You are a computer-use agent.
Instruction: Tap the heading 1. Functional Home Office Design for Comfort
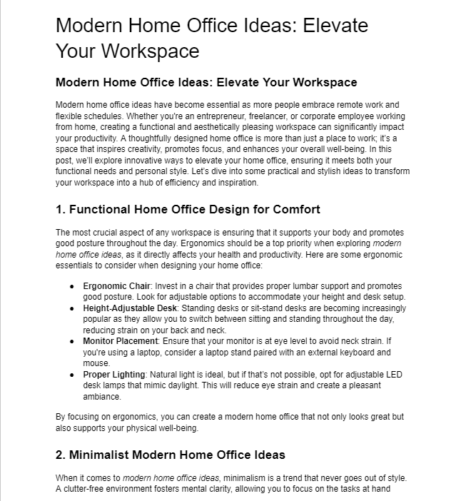[x=188, y=209]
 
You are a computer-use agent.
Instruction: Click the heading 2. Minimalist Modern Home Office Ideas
[x=170, y=455]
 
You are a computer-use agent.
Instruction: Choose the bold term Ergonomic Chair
[x=111, y=285]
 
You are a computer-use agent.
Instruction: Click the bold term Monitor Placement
[x=118, y=341]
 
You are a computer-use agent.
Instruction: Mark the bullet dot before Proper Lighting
[x=72, y=375]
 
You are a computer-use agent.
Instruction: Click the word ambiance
[x=102, y=396]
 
